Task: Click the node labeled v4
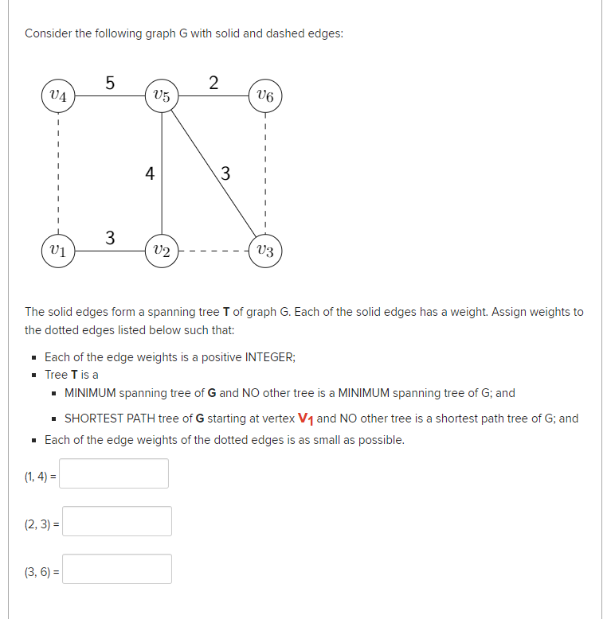coord(58,96)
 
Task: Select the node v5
coord(162,96)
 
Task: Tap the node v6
coord(265,96)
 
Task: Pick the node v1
coord(58,251)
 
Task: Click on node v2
coord(162,251)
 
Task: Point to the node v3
coord(265,251)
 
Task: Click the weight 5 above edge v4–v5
coord(110,81)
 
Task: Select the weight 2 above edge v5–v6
coord(213,81)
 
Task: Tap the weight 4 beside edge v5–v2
coord(149,173)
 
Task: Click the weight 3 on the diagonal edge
coord(225,173)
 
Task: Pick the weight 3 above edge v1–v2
coord(110,237)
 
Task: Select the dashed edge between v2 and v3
coord(213,251)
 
